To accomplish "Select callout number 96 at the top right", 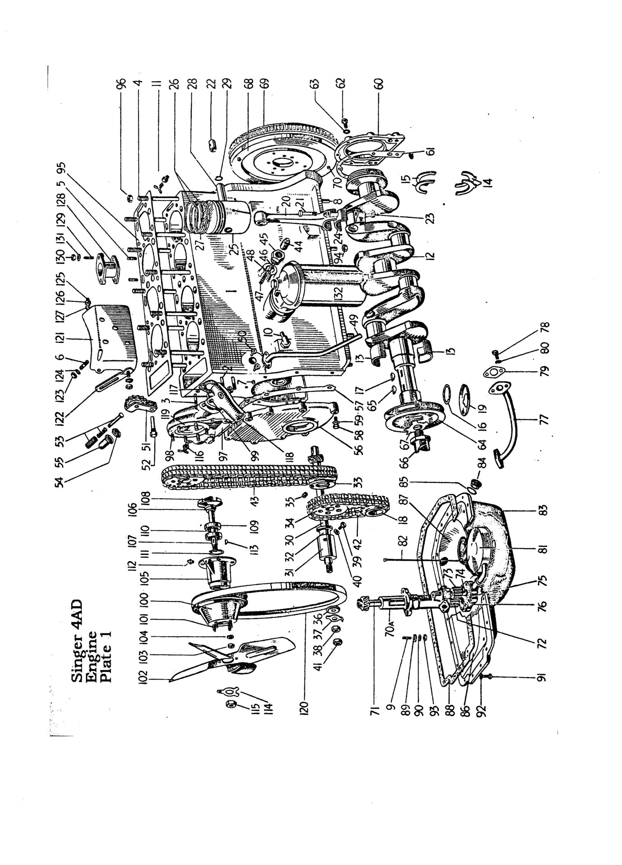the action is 121,86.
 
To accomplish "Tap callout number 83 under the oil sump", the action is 544,510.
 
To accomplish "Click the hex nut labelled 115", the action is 230,703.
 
